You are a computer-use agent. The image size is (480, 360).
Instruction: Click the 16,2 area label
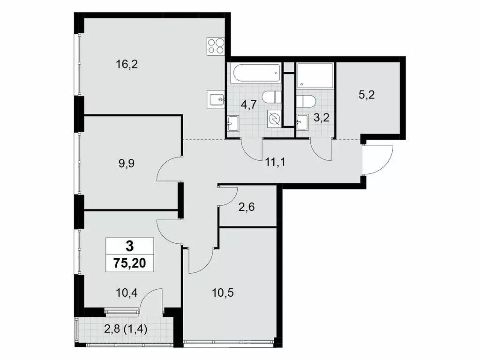tap(127, 65)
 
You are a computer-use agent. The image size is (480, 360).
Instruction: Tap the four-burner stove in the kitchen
tap(216, 46)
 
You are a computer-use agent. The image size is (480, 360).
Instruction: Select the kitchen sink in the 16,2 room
tap(216, 99)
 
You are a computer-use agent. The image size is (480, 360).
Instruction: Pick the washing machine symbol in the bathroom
tap(274, 119)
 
